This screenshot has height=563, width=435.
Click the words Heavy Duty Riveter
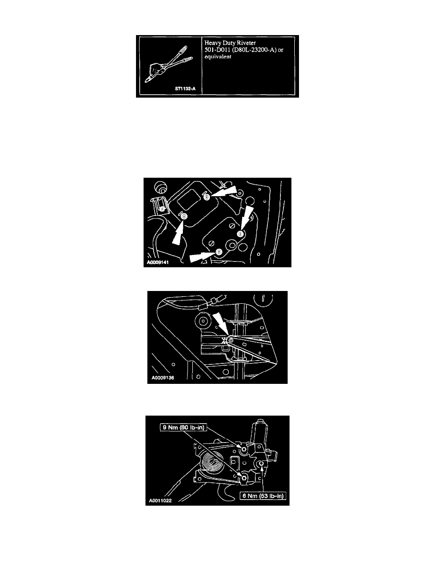[230, 43]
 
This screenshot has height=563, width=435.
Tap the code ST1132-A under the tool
[185, 89]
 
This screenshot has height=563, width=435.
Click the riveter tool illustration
[169, 64]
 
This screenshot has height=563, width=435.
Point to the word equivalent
[218, 57]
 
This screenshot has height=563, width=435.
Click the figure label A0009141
[158, 263]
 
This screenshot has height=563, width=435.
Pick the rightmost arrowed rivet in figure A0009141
[240, 234]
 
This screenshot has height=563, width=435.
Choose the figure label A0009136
[163, 378]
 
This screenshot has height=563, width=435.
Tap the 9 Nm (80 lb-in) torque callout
[183, 427]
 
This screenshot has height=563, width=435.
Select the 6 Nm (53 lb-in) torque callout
[263, 496]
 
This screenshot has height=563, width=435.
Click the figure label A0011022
[161, 500]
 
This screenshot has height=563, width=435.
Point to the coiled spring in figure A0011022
[211, 463]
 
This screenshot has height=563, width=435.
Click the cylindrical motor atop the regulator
[258, 431]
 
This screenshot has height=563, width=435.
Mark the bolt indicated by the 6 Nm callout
[262, 464]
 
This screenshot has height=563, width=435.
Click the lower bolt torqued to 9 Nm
[244, 478]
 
